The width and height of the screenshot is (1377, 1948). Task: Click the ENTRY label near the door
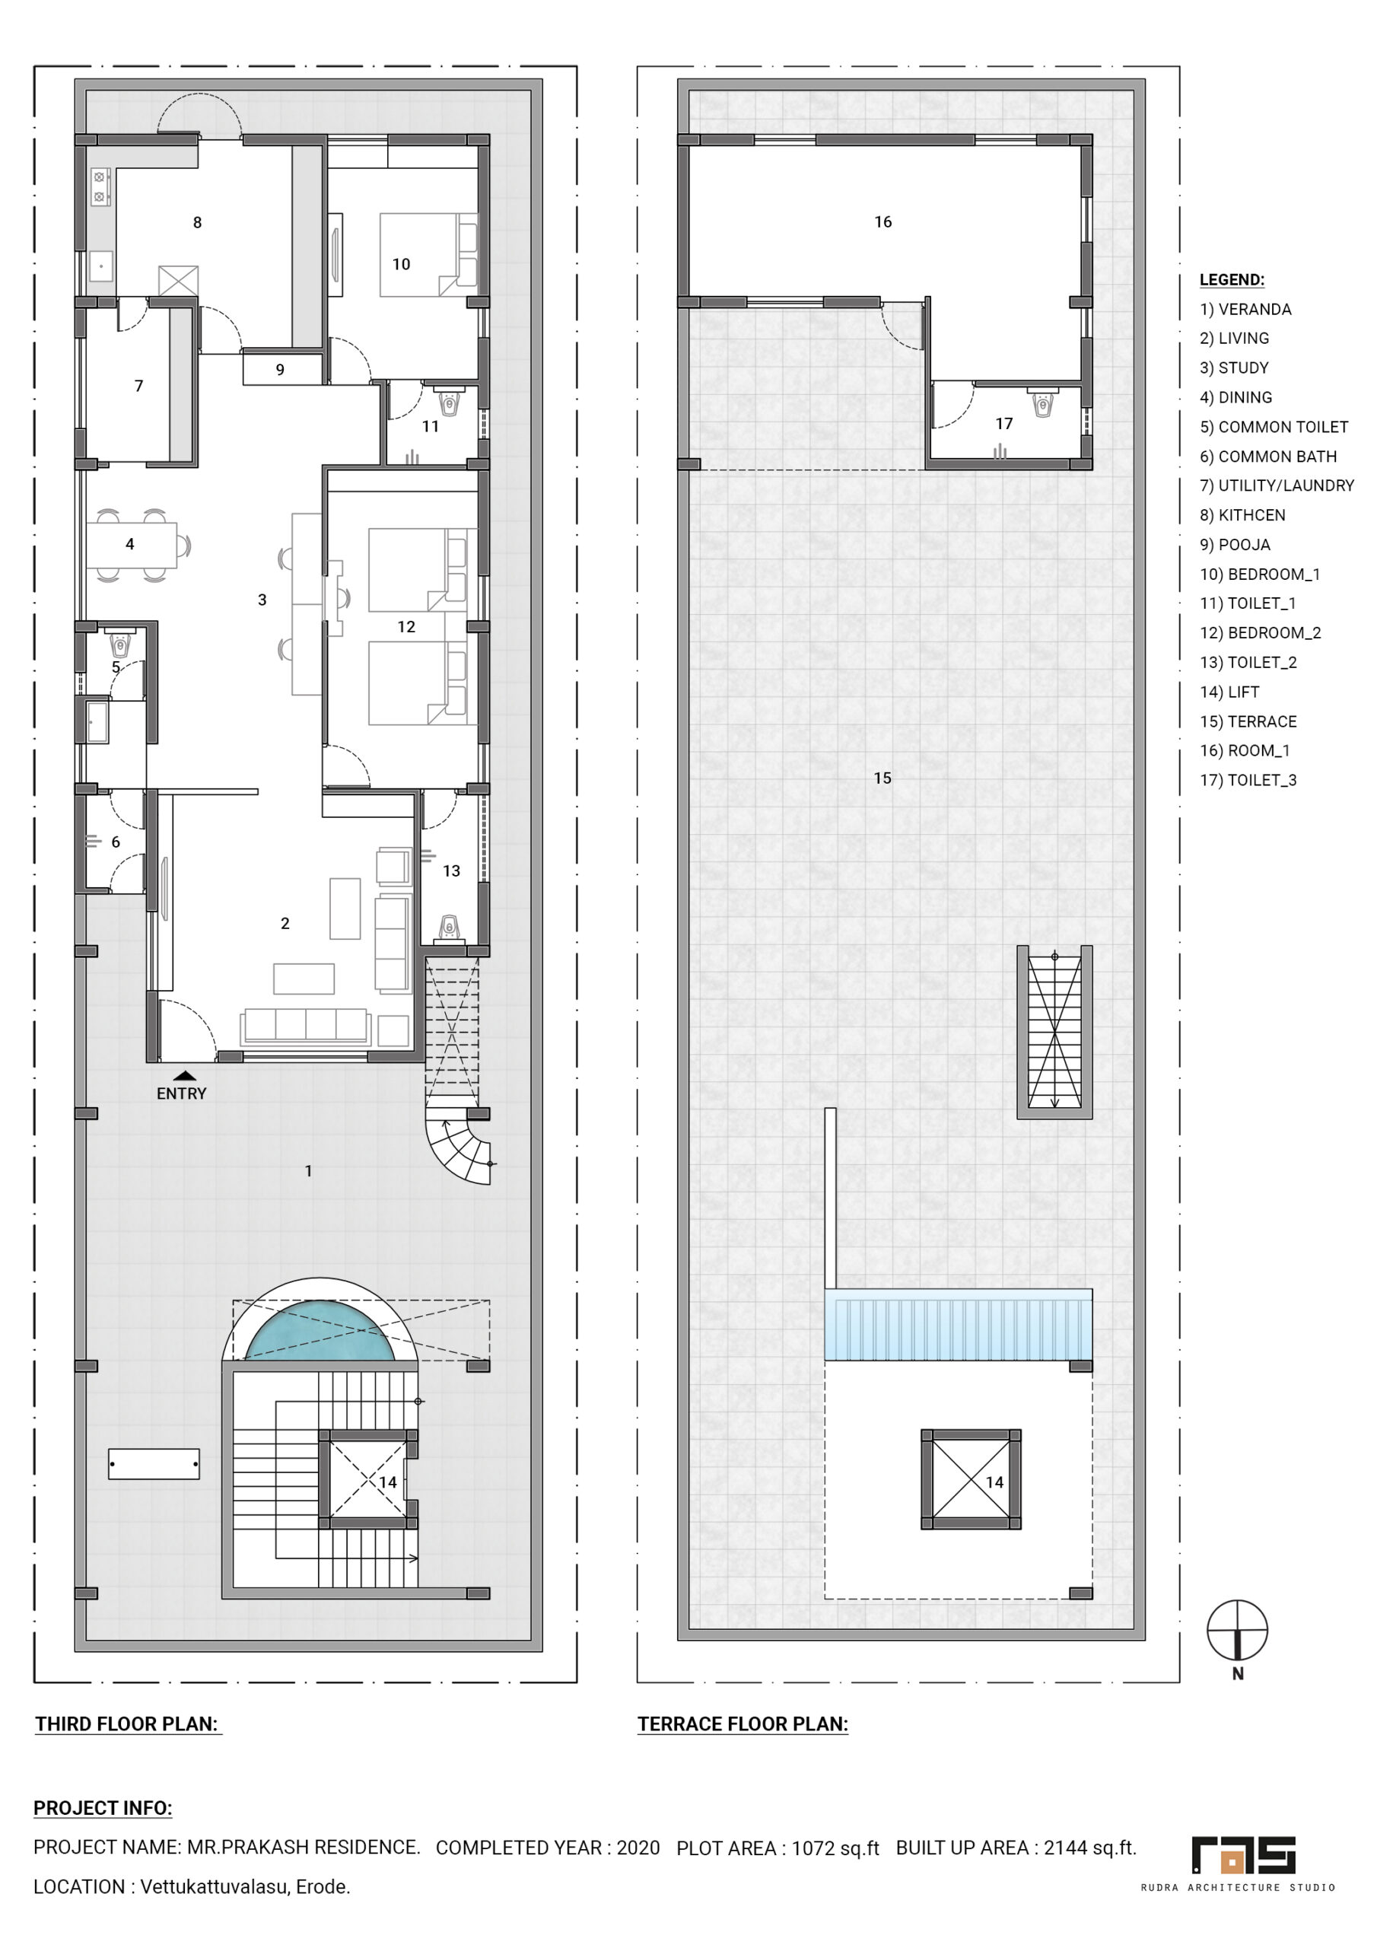click(182, 1093)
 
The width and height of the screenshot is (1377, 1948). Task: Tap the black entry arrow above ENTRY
click(184, 1076)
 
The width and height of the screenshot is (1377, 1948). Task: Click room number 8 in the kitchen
click(198, 222)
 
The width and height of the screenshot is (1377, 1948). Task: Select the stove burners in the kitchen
click(99, 186)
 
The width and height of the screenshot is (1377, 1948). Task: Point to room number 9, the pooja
click(280, 370)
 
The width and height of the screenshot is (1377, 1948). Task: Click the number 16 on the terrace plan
click(883, 221)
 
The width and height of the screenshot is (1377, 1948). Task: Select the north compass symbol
click(1237, 1631)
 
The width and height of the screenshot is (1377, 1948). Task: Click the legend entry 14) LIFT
click(1229, 692)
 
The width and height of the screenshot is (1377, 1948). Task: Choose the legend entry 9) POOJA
click(1235, 545)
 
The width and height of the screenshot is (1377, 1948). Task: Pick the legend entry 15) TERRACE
click(1248, 722)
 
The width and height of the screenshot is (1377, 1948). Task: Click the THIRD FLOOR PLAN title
click(126, 1724)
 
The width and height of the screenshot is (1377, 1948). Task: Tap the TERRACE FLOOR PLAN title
click(743, 1724)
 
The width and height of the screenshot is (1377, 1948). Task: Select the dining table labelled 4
click(132, 545)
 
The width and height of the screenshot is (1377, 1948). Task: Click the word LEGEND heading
click(1232, 280)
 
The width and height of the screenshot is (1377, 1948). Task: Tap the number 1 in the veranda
click(309, 1171)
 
